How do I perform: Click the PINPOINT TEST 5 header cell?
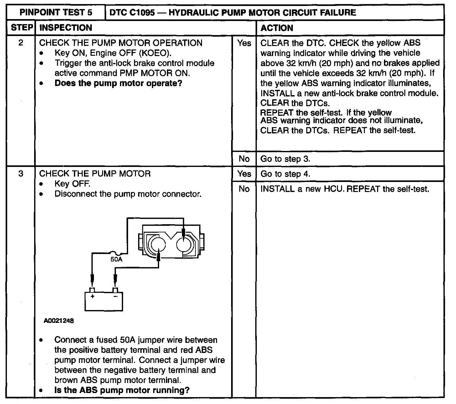[x=56, y=13]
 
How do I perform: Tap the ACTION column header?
[x=277, y=28]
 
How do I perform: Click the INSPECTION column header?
[x=66, y=28]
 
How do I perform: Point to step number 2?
[x=21, y=43]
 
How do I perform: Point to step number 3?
[x=21, y=174]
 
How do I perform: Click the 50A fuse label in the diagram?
[x=116, y=259]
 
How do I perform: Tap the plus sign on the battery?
[x=92, y=296]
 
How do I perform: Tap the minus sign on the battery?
[x=115, y=296]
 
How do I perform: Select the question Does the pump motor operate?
[x=118, y=83]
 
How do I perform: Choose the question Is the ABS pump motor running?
[x=122, y=390]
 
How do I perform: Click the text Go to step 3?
[x=285, y=159]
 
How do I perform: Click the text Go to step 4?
[x=285, y=174]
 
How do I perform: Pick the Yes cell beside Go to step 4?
[x=244, y=174]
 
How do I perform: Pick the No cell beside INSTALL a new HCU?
[x=244, y=189]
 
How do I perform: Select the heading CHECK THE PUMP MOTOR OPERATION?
[x=121, y=43]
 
